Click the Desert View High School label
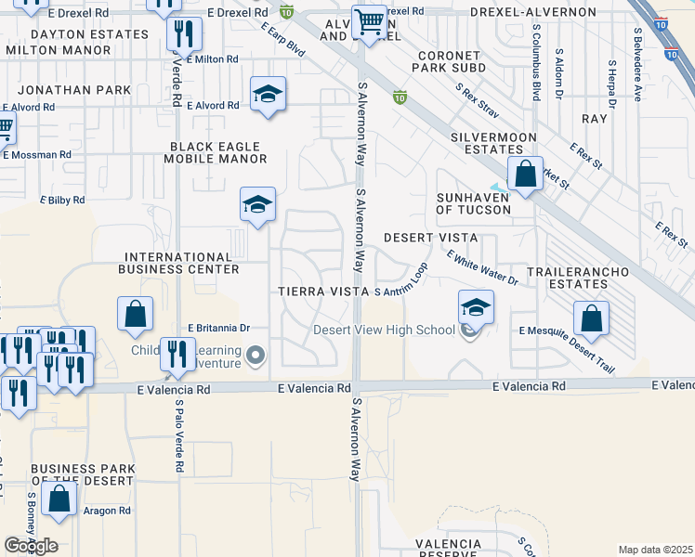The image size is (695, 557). tap(384, 330)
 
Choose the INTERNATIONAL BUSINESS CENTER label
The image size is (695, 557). tap(178, 263)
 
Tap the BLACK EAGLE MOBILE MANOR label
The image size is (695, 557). tap(217, 152)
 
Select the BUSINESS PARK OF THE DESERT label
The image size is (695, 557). tap(82, 475)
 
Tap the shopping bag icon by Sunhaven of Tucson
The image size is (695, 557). tap(525, 174)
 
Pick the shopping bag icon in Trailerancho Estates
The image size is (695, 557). tap(592, 319)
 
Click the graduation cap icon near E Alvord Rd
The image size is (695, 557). tap(268, 95)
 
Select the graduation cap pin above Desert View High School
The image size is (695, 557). tap(476, 306)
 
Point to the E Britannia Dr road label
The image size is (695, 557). tap(219, 328)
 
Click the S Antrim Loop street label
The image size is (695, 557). tap(400, 291)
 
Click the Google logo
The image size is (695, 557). tap(32, 546)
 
